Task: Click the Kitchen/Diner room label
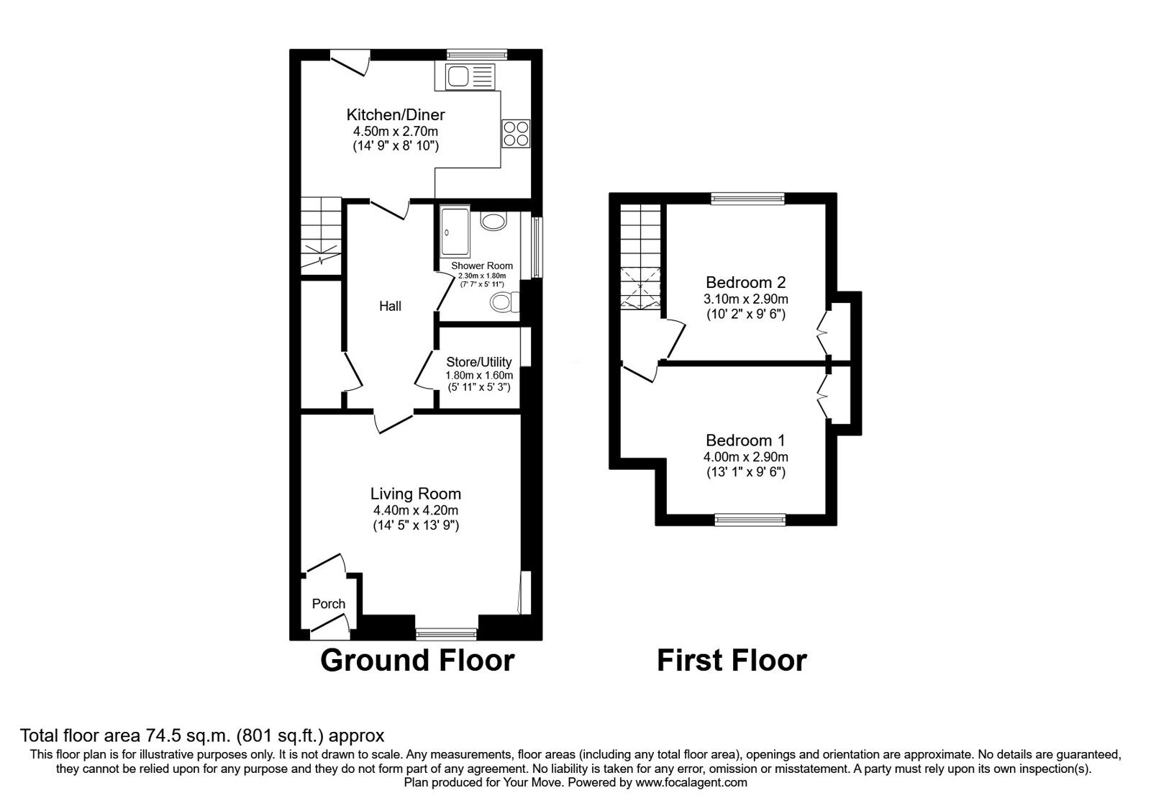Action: (395, 114)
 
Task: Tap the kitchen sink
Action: (465, 77)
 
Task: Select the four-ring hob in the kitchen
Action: (516, 133)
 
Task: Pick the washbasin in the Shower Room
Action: (493, 222)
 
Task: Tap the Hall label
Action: (390, 307)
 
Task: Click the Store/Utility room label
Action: (479, 362)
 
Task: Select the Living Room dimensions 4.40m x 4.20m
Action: (416, 510)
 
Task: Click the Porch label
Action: (328, 604)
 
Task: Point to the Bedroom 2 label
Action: (745, 282)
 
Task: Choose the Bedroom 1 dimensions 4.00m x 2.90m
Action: (745, 457)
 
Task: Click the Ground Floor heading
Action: (417, 661)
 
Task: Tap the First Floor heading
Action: (732, 661)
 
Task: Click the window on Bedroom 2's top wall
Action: (747, 199)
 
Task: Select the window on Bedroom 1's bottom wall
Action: (750, 520)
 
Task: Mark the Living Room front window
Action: (446, 634)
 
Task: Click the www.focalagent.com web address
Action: (691, 783)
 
